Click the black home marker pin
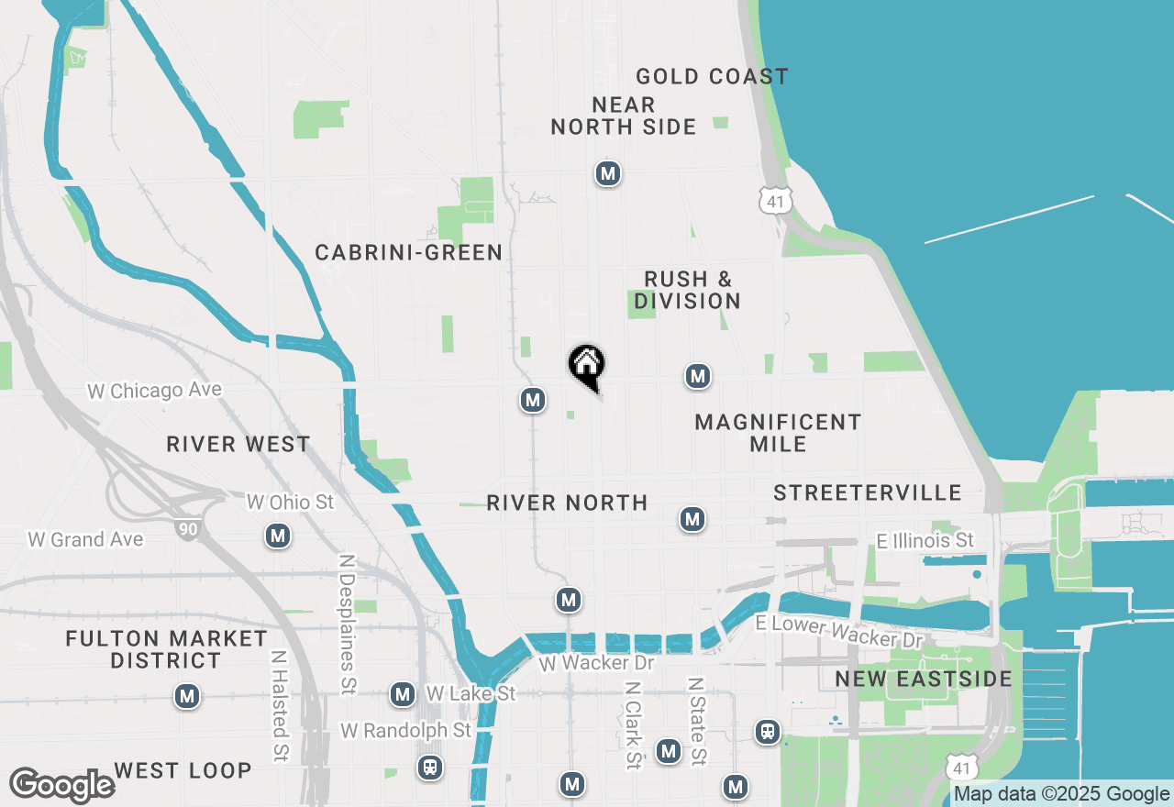click(586, 365)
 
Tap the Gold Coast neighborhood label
click(712, 76)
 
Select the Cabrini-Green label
click(408, 252)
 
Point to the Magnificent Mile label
click(778, 433)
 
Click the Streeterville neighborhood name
click(867, 493)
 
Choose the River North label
click(567, 503)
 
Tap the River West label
click(238, 445)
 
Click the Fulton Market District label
click(166, 649)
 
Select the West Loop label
click(183, 770)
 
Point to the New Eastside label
click(924, 680)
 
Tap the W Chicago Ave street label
click(154, 391)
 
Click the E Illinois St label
click(925, 541)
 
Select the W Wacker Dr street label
click(596, 662)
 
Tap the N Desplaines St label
click(347, 623)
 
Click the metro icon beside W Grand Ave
click(278, 536)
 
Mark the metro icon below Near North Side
click(607, 173)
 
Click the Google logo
click(61, 785)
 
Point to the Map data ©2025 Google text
click(1061, 794)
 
